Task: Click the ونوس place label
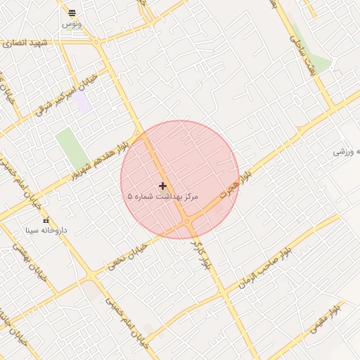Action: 71,24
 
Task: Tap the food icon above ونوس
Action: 71,13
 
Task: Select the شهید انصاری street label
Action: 25,44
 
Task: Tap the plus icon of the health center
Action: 163,186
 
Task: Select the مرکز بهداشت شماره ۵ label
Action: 163,197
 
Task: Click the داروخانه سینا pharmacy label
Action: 46,230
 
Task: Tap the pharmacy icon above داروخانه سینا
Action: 46,221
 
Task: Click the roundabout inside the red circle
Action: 187,221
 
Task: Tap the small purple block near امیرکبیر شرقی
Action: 83,103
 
